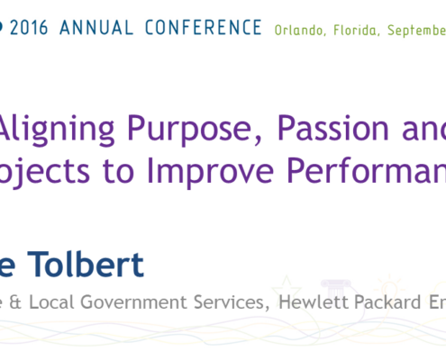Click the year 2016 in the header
point(29,28)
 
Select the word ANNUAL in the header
point(96,28)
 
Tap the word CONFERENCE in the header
point(204,28)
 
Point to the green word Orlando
point(300,31)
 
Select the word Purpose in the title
point(189,130)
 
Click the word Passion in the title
point(333,129)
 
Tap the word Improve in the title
point(210,172)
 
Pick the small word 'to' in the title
point(118,172)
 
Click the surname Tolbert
point(86,265)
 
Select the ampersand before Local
point(15,302)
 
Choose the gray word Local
point(51,301)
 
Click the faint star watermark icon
point(287,288)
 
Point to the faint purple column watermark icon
point(335,290)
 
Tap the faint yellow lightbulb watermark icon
point(389,287)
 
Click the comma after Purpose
point(259,139)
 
